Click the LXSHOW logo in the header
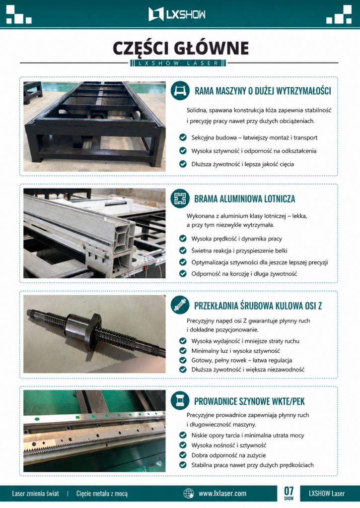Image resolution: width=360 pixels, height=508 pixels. (177, 14)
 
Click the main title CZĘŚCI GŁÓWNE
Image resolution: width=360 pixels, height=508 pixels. (181, 48)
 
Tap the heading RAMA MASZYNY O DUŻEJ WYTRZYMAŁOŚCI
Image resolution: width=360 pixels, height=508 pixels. (263, 91)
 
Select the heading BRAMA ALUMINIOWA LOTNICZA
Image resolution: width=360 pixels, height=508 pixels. (244, 198)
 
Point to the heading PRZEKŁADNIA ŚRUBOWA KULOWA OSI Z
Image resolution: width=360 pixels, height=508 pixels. (258, 306)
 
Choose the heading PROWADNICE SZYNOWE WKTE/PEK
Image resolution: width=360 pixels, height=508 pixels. (249, 401)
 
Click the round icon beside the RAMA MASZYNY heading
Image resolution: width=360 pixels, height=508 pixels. (180, 91)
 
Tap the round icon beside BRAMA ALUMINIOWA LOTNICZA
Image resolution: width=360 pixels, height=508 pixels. (180, 198)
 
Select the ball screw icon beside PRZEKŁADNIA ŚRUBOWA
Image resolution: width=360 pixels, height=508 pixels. (180, 305)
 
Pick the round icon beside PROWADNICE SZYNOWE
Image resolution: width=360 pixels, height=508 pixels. (180, 400)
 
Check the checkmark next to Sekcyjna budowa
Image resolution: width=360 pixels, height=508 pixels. (183, 137)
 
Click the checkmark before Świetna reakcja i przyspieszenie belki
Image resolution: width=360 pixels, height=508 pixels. (183, 251)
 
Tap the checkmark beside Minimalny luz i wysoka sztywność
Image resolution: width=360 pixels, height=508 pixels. (183, 351)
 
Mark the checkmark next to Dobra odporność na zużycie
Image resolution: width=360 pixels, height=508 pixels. (183, 455)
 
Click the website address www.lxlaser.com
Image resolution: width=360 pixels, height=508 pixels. (222, 494)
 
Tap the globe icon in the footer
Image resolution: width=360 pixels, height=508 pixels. (189, 494)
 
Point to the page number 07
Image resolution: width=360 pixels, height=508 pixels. (288, 491)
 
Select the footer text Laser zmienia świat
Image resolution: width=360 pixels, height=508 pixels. (36, 494)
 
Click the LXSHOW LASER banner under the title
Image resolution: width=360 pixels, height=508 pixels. (178, 63)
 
